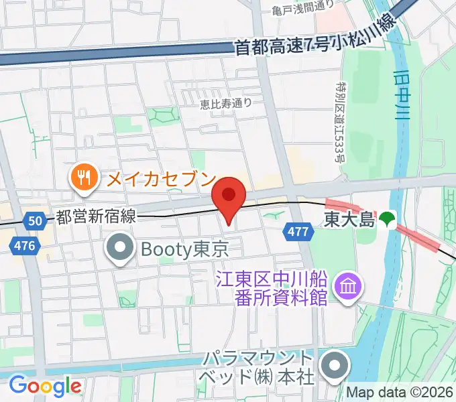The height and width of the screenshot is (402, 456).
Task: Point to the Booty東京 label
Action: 185,249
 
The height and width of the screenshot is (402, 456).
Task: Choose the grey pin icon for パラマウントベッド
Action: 333,366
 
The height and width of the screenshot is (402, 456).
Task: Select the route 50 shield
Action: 35,219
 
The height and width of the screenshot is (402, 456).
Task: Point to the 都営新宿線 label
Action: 97,216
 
